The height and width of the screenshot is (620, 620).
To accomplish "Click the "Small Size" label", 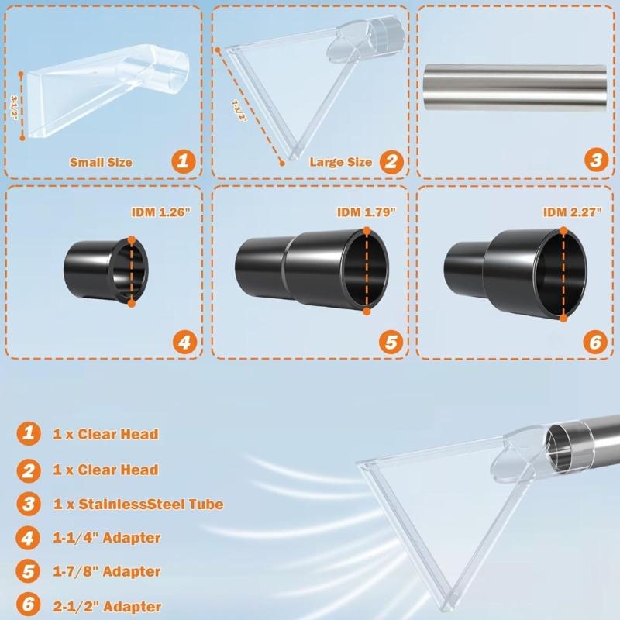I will [101, 163].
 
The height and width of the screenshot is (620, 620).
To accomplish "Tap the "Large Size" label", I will [340, 163].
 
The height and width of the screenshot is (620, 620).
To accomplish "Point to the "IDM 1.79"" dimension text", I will [367, 212].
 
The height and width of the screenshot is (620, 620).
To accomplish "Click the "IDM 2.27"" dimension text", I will [572, 212].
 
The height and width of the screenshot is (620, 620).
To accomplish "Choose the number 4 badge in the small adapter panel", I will [183, 340].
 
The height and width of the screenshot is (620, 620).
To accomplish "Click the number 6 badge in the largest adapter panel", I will [594, 340].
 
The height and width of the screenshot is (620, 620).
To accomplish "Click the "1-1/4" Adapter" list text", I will [107, 537].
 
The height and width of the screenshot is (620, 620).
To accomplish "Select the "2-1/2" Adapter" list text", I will [107, 606].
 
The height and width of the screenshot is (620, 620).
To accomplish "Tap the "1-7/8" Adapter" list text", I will [107, 572].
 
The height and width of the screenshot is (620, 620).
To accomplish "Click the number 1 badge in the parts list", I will [27, 434].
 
